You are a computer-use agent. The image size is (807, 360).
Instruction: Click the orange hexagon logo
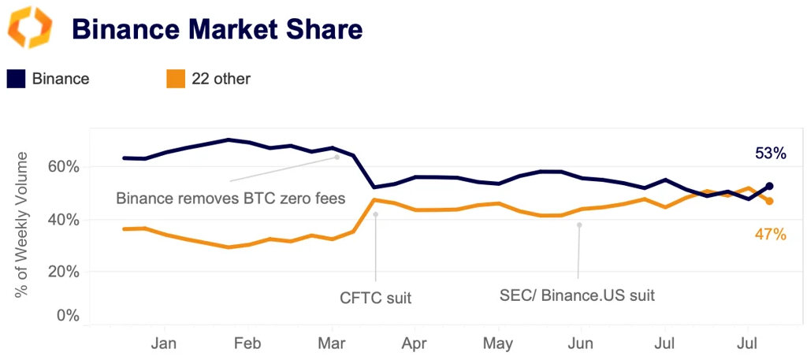click(x=30, y=28)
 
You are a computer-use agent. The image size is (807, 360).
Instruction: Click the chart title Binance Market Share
click(x=217, y=29)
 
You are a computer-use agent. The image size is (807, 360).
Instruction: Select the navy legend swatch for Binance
click(x=17, y=79)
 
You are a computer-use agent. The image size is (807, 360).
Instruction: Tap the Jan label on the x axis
click(x=165, y=343)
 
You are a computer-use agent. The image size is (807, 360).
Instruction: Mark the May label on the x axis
click(x=497, y=343)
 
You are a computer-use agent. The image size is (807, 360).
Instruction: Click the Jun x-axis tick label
click(x=580, y=343)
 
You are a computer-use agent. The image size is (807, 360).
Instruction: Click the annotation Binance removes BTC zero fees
click(x=230, y=198)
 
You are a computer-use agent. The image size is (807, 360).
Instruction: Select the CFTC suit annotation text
click(x=375, y=297)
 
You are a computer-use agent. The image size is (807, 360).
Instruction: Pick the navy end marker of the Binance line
click(x=769, y=186)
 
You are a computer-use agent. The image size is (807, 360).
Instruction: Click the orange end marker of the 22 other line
click(x=769, y=201)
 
